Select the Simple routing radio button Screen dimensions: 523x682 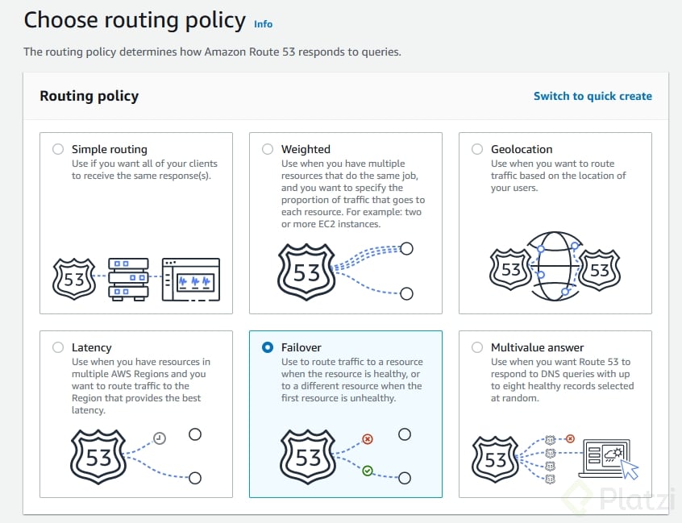(x=58, y=149)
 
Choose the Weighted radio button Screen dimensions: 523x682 (x=268, y=149)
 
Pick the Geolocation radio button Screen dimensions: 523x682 (x=477, y=149)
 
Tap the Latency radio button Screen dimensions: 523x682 (x=58, y=347)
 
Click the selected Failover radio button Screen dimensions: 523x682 (x=268, y=347)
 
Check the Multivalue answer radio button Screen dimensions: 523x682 (x=477, y=347)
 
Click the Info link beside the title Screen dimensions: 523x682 (x=263, y=24)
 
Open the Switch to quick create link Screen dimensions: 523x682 (x=593, y=96)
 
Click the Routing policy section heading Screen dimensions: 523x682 (x=89, y=96)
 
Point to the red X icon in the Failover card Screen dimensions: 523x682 (x=368, y=439)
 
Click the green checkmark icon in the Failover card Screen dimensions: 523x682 (x=368, y=470)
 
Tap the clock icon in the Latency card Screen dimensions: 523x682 (x=160, y=438)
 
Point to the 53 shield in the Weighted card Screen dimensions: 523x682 (x=307, y=271)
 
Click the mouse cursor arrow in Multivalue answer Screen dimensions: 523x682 (x=630, y=468)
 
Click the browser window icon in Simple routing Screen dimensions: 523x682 (x=190, y=279)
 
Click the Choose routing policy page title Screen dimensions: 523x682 (x=135, y=20)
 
